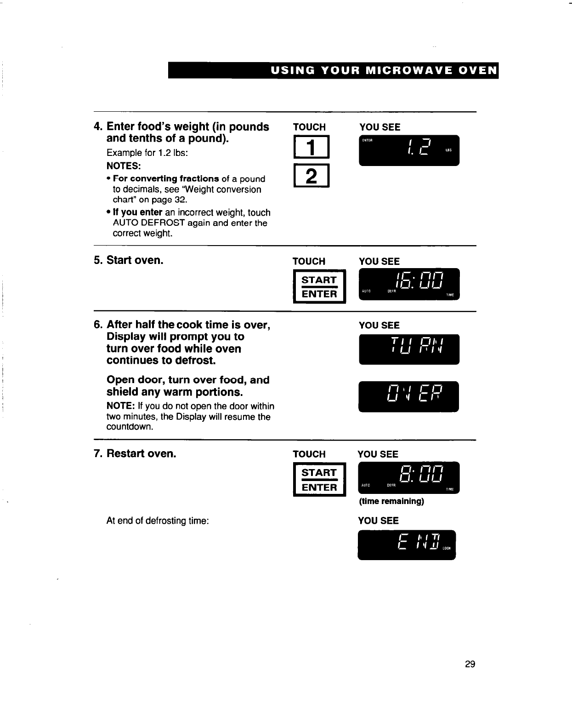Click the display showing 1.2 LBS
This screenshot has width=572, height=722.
click(x=409, y=150)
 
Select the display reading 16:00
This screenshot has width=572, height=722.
click(x=409, y=283)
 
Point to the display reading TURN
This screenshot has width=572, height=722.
click(x=409, y=349)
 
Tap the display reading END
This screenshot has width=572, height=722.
click(x=407, y=544)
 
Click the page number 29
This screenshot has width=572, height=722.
click(x=470, y=664)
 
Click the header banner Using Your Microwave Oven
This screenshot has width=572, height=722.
click(x=333, y=70)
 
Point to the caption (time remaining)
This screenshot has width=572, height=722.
click(x=391, y=501)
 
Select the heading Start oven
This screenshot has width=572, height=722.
click(x=135, y=260)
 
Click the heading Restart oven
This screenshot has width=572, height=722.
click(x=141, y=453)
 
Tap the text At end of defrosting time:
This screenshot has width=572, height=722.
click(x=158, y=521)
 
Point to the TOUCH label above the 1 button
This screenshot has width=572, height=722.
click(x=309, y=127)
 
